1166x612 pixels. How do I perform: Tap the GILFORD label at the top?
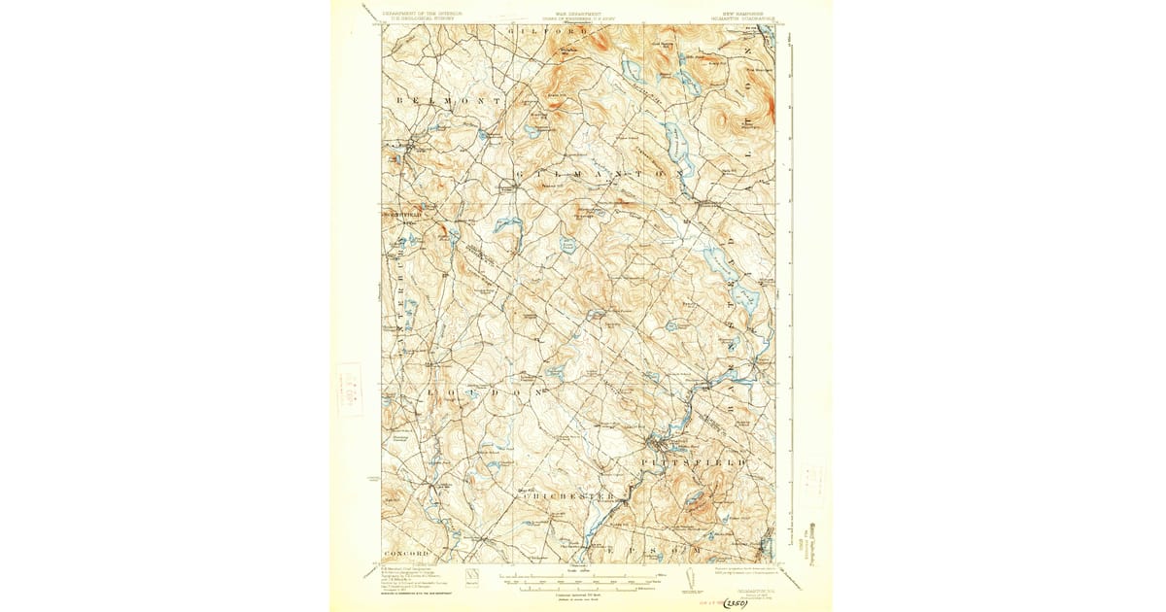tap(536, 32)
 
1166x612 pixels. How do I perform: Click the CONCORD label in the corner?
tap(406, 553)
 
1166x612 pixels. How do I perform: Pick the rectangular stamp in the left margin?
tap(349, 390)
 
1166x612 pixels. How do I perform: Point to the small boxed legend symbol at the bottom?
tap(472, 575)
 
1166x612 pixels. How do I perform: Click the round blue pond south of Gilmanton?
tap(567, 245)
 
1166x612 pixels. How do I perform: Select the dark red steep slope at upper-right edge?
tap(772, 97)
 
